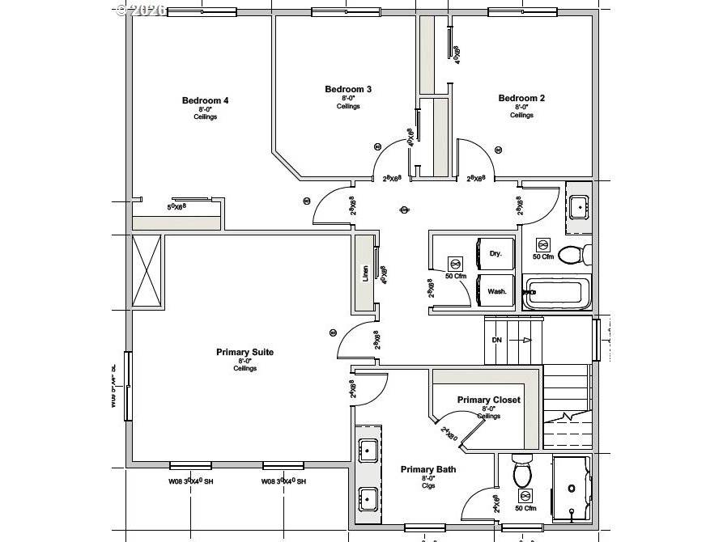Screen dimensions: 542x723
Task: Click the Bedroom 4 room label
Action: pos(205,101)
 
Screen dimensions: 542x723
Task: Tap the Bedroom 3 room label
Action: pos(348,90)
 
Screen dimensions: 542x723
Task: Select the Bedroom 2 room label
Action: pos(521,99)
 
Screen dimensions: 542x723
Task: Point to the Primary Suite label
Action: pos(245,352)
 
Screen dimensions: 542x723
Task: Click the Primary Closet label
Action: pos(488,400)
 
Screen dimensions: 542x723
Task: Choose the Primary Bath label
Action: pos(427,469)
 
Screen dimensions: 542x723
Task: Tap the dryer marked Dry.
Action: pos(495,253)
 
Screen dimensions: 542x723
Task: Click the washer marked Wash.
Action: pos(496,291)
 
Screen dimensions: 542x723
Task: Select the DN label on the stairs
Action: pos(497,340)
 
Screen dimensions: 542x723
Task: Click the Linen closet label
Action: pos(365,273)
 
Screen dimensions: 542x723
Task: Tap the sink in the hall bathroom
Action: pos(578,207)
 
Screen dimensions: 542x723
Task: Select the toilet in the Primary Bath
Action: pos(521,469)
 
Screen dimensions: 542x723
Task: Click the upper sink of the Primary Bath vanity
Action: pos(367,451)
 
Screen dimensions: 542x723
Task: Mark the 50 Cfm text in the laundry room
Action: pos(455,276)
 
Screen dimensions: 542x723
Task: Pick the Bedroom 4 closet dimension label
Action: pos(176,207)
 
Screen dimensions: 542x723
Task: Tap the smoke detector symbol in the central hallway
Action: pos(404,210)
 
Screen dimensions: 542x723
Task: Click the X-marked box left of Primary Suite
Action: pos(147,270)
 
